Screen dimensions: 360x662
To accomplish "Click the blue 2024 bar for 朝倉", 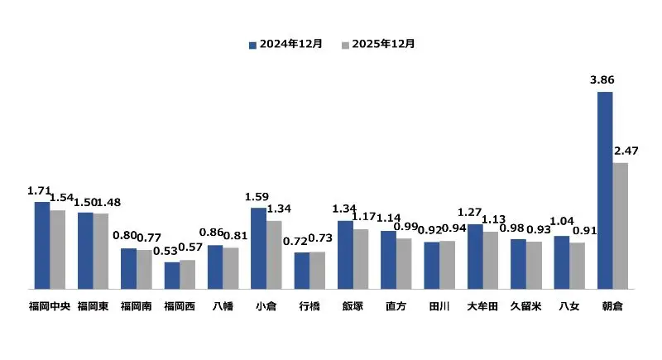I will tap(605, 190).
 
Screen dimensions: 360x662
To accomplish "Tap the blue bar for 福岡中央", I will tap(41, 245).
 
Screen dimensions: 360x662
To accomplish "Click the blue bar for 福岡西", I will tap(171, 276).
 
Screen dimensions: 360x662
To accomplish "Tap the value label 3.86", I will tap(602, 80).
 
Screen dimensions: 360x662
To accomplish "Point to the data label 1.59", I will tap(257, 197).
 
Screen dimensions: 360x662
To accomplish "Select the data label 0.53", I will tap(168, 252).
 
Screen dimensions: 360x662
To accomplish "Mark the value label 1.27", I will tap(468, 213).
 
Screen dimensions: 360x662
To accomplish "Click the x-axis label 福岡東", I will tap(93, 306).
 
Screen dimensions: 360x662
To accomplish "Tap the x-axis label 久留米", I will tap(526, 306).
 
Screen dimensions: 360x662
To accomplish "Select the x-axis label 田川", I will tap(439, 306).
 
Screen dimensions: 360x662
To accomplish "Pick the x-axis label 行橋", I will tap(309, 306).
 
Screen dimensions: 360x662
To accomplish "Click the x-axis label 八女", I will tap(569, 306).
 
